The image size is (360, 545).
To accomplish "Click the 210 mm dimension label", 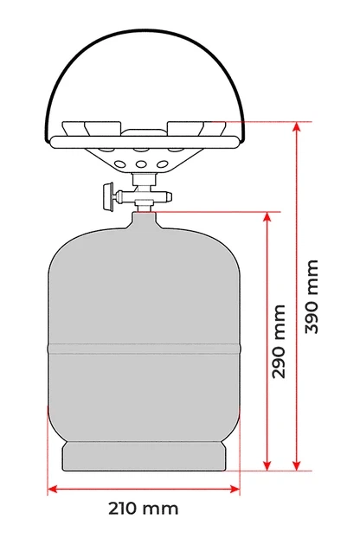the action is [144, 509].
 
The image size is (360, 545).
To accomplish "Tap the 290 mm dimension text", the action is [279, 342].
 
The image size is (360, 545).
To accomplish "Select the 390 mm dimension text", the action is [312, 297].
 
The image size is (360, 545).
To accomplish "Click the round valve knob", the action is [108, 196].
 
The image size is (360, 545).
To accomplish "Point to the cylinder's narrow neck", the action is [144, 221].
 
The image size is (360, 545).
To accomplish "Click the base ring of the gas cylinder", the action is [144, 457].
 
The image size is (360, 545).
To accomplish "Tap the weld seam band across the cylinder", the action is [144, 349].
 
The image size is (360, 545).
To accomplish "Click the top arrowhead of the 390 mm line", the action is [296, 126].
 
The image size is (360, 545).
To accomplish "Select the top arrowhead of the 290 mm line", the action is [267, 216].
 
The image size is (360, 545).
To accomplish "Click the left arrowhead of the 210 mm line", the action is [52, 490].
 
